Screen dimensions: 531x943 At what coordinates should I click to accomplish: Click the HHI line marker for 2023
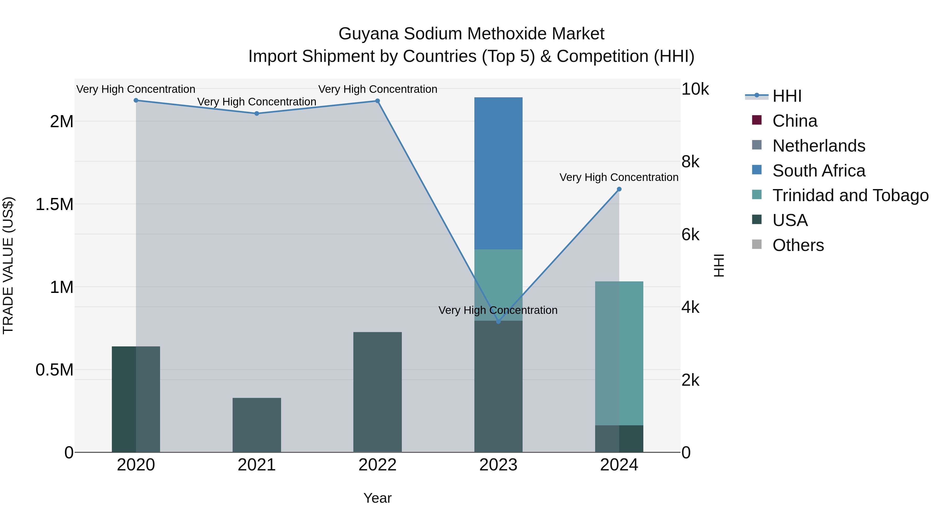(x=498, y=321)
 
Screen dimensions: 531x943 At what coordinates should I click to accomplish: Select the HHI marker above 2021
(x=257, y=114)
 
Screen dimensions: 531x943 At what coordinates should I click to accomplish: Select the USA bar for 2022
(x=377, y=392)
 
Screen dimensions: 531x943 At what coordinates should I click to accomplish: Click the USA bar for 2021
(x=257, y=425)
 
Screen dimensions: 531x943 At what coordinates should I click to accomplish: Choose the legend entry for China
(x=794, y=121)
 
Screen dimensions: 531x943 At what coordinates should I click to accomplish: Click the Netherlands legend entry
(x=819, y=146)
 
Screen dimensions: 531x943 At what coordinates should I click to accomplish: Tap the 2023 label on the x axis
(x=498, y=465)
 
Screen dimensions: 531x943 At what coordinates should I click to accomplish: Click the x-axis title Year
(x=377, y=498)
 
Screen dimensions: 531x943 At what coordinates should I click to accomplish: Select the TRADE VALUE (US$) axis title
(x=8, y=265)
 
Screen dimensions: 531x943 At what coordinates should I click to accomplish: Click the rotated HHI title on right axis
(x=719, y=265)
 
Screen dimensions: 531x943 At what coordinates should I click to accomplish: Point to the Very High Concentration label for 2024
(x=619, y=177)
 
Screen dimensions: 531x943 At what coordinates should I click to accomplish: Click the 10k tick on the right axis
(x=695, y=89)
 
